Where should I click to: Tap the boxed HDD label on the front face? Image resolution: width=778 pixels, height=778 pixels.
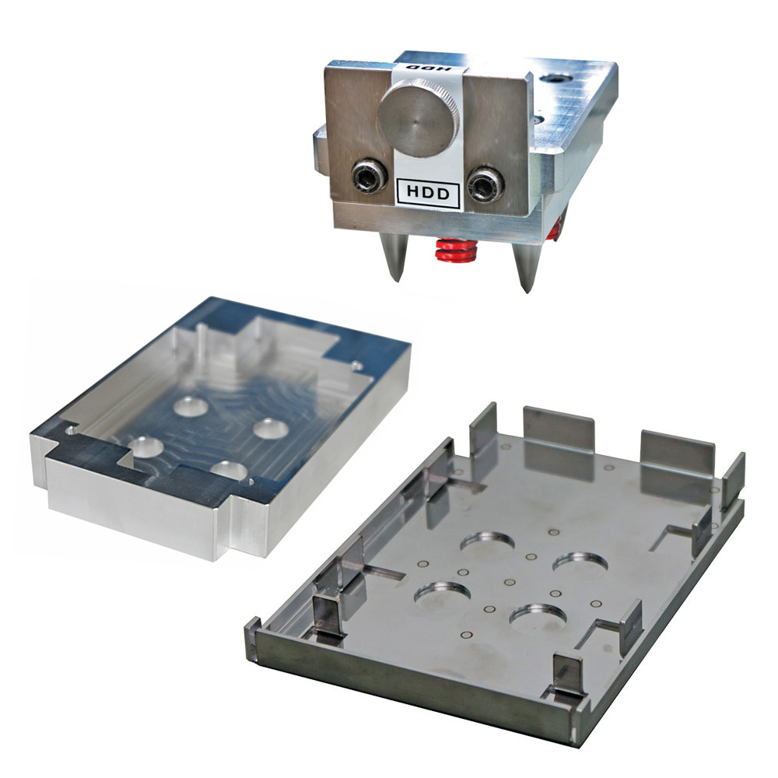click(x=428, y=193)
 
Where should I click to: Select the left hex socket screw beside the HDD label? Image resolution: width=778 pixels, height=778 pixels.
click(x=370, y=177)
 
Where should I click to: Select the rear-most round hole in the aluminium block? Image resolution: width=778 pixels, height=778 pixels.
click(x=191, y=406)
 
